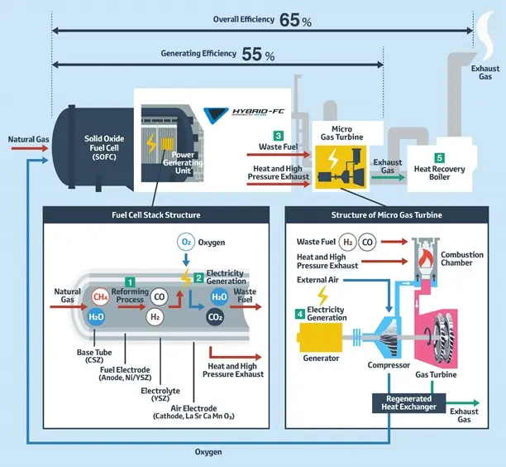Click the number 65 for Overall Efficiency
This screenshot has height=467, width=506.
point(289,20)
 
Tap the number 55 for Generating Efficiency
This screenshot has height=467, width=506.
point(251,54)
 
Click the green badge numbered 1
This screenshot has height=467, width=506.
point(129,283)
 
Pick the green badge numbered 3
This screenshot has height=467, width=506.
point(279,135)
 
